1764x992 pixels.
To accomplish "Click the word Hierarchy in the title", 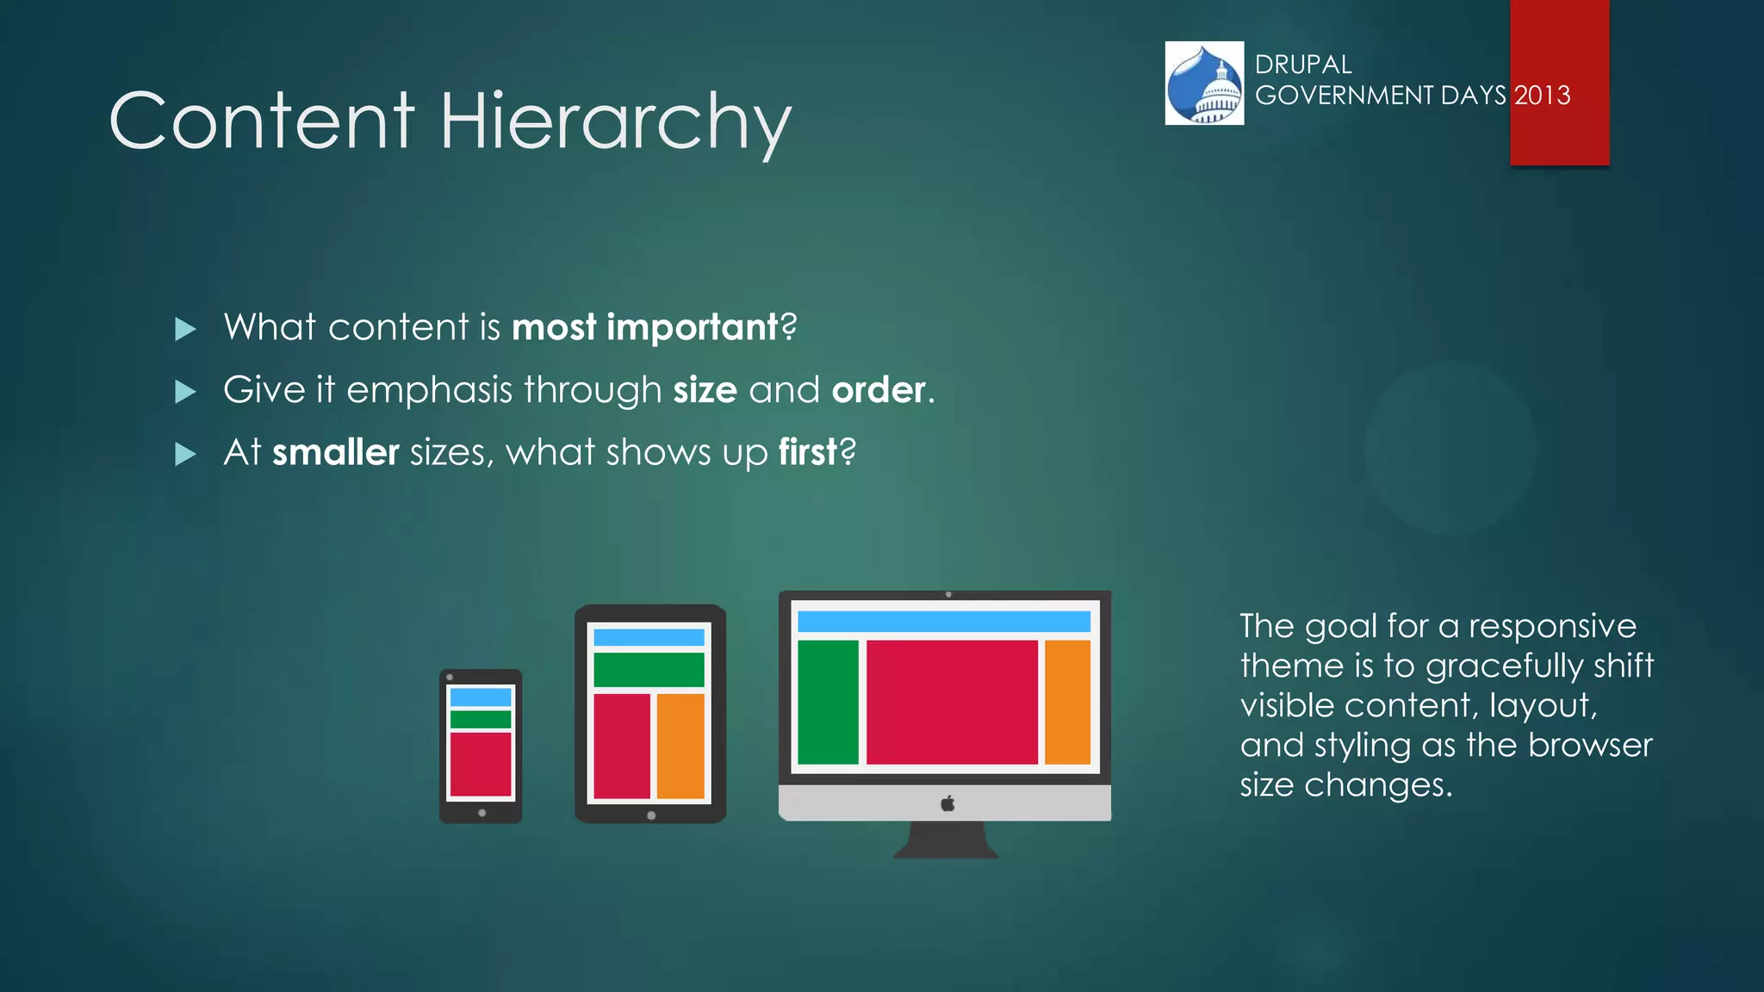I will click(x=615, y=122).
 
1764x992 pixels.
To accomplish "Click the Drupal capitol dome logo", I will click(x=1204, y=84).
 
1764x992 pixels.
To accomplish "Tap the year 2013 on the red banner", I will click(x=1543, y=95).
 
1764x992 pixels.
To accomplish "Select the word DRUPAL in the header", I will click(x=1302, y=65).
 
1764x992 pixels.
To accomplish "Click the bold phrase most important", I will click(x=644, y=327).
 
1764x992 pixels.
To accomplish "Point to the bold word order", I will click(x=878, y=390).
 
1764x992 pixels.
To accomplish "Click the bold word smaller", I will click(x=335, y=453).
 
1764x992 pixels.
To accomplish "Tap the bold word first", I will click(x=807, y=453).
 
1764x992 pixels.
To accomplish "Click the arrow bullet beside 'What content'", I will click(x=185, y=329).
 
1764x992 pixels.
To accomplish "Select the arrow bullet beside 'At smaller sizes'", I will click(x=185, y=454).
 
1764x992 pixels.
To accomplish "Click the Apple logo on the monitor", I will click(x=947, y=803).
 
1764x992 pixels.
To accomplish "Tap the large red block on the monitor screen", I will click(x=952, y=702).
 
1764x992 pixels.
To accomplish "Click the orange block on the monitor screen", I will click(x=1067, y=702).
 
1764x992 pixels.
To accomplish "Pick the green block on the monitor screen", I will click(x=828, y=702).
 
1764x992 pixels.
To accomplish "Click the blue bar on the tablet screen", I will click(x=649, y=637).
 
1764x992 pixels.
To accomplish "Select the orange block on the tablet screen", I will click(x=680, y=746).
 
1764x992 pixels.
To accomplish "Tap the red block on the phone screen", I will click(x=481, y=764).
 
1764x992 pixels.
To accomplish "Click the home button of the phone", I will click(x=481, y=813).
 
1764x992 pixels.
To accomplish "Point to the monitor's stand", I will click(x=946, y=840).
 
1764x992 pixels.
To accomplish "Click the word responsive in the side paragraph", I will click(x=1552, y=626).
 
